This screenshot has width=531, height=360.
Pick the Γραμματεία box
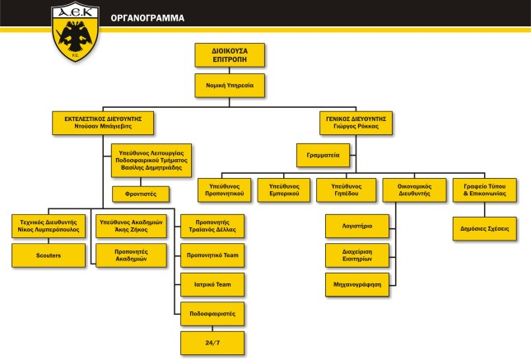point(325,153)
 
